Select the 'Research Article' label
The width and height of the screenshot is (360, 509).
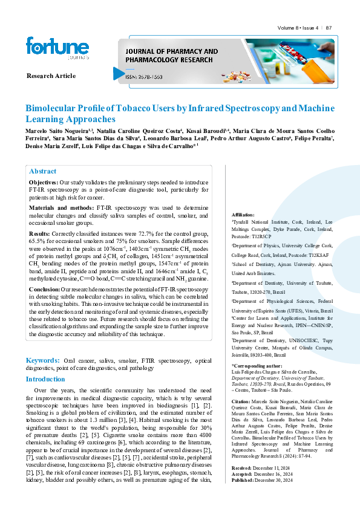click(51, 76)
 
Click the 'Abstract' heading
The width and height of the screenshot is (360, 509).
click(42, 171)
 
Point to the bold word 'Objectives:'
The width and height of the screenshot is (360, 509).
click(43, 182)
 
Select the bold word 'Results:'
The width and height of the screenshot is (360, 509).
click(40, 233)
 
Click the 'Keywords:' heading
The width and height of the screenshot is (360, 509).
click(42, 360)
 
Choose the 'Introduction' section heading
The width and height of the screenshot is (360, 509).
click(45, 379)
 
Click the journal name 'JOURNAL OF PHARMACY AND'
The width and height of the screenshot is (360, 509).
click(171, 52)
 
